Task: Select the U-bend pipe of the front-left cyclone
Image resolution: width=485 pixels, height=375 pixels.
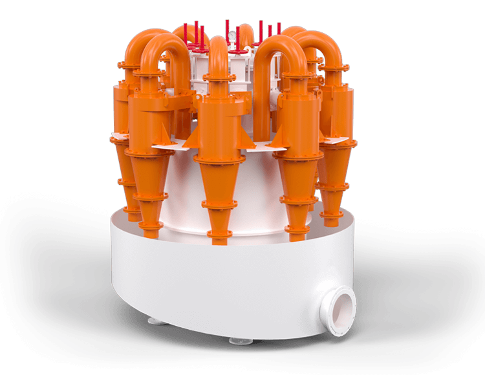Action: pos(158,48)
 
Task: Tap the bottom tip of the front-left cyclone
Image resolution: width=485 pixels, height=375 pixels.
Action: pos(150,226)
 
